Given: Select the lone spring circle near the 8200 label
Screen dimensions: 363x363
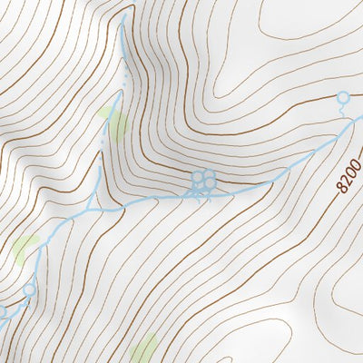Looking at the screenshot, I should click(x=343, y=97).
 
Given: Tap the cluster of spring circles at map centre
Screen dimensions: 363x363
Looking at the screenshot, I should click(x=202, y=180).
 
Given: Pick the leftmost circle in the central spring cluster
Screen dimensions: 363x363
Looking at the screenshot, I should click(x=196, y=179).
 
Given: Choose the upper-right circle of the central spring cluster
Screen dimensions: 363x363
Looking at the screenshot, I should click(x=209, y=174).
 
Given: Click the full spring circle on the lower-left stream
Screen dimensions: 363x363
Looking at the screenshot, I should click(x=29, y=289).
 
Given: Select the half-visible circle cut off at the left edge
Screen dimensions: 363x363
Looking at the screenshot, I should click(x=2, y=311).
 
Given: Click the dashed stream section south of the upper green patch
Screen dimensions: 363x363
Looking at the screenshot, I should click(x=102, y=150).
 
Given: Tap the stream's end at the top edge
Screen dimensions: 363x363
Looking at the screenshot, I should click(x=123, y=16).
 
